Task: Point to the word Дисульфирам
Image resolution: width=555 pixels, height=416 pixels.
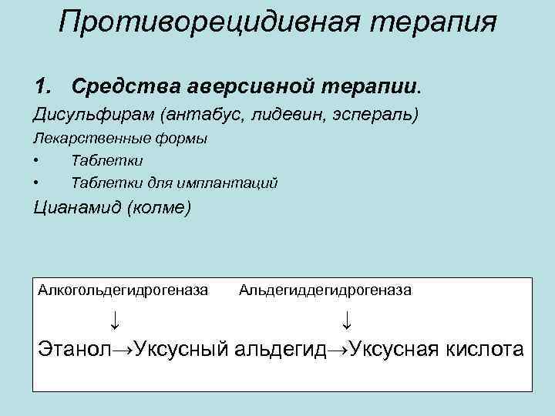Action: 92,115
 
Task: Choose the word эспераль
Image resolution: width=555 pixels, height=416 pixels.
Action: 382,115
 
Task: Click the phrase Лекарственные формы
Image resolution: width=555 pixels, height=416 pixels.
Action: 119,139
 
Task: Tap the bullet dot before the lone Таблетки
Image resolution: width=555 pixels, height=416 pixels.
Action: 37,161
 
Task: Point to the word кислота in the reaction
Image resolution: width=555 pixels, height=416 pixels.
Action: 485,349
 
